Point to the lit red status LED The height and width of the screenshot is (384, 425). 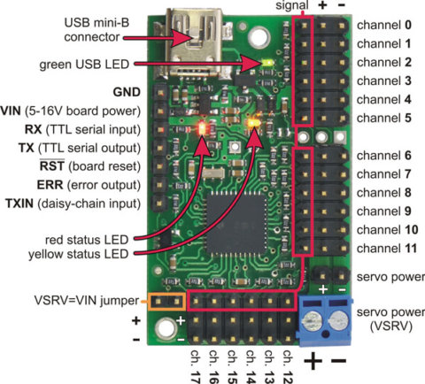203,126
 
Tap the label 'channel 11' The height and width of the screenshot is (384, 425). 386,248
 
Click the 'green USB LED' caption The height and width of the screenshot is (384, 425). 89,65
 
